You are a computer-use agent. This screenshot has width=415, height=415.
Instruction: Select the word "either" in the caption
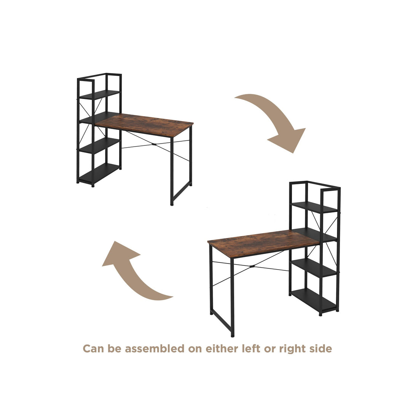(220, 348)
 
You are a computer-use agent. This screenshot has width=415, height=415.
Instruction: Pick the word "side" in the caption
(321, 348)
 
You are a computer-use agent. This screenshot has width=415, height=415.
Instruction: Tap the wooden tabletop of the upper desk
(145, 125)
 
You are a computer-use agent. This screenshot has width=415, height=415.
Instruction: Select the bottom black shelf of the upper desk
(100, 174)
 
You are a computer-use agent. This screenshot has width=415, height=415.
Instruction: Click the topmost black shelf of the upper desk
(100, 94)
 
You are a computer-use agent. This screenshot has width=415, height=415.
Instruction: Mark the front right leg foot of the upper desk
(172, 204)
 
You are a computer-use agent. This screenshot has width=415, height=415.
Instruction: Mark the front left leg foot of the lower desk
(232, 335)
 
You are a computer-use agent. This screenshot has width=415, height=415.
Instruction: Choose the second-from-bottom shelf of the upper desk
(100, 146)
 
